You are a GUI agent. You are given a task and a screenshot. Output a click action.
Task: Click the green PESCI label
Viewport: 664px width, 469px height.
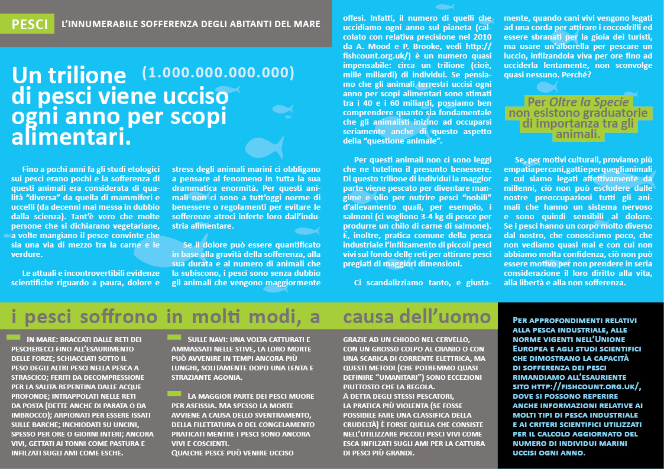30,24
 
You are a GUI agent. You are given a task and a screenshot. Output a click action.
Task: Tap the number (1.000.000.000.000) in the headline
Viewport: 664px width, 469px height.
218,72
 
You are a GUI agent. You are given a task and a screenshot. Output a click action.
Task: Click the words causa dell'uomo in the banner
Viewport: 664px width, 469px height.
417,317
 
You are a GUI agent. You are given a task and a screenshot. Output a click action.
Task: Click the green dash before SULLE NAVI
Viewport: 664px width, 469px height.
174,337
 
